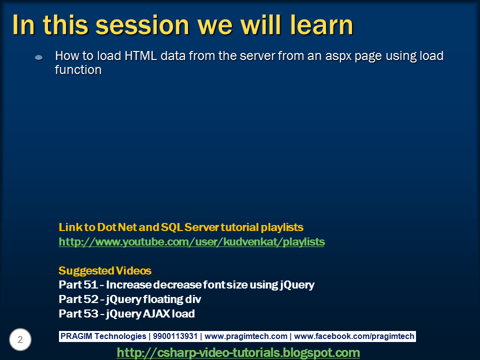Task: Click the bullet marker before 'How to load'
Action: coord(38,57)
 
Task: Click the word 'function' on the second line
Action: coord(78,70)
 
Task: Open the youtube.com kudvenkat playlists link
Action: coord(191,242)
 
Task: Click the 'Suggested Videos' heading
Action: coord(105,271)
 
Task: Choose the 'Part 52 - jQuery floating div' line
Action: coord(129,299)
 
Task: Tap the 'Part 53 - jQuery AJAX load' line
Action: coord(126,314)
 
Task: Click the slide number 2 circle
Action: coord(20,340)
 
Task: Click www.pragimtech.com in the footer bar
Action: coord(246,336)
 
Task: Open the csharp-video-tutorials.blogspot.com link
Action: coord(238,352)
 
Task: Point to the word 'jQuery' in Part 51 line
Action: coord(296,285)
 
